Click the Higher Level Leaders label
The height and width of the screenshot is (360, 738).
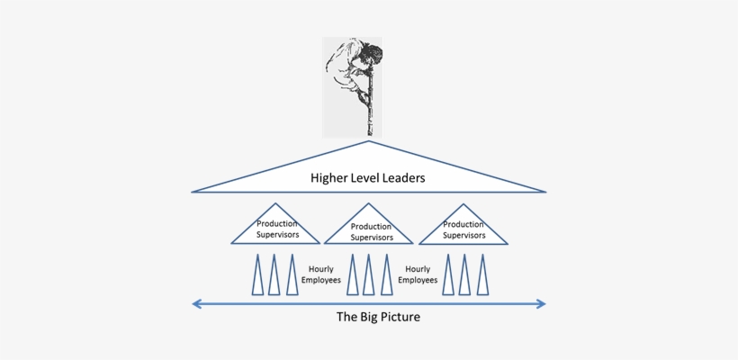pyautogui.click(x=368, y=178)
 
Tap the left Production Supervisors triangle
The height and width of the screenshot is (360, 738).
pyautogui.click(x=276, y=229)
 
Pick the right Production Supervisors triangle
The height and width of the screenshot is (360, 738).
pyautogui.click(x=463, y=229)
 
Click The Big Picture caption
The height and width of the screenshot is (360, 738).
pyautogui.click(x=378, y=317)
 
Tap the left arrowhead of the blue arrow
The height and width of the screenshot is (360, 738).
pyautogui.click(x=196, y=304)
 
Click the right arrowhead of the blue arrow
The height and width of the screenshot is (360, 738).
pyautogui.click(x=541, y=304)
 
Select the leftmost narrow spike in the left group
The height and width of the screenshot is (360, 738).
pyautogui.click(x=257, y=277)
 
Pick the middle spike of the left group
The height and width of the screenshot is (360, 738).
pyautogui.click(x=274, y=277)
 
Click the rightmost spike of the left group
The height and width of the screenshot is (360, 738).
pyautogui.click(x=292, y=277)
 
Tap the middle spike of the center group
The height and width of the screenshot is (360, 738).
pyautogui.click(x=369, y=277)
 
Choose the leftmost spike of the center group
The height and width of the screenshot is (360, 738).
pyautogui.click(x=352, y=277)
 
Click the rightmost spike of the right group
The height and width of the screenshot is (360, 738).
pyautogui.click(x=482, y=277)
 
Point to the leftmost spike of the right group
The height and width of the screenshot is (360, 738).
pyautogui.click(x=448, y=277)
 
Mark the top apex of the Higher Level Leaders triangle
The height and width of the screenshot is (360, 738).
pyautogui.click(x=369, y=142)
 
